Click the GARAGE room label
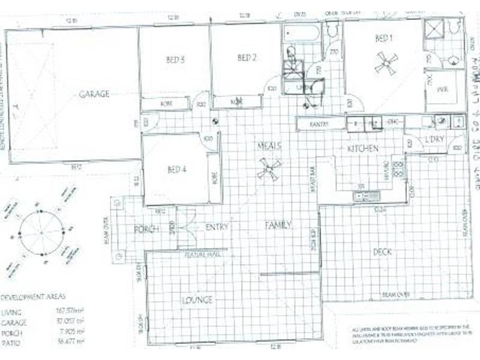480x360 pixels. pos(94,94)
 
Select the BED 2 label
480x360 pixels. pos(247,58)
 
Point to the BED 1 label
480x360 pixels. pos(384,38)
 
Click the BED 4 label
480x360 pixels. pos(177,169)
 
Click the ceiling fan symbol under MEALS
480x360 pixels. pos(268,169)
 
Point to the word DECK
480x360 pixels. pos(382,252)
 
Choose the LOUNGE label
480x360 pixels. pos(199,299)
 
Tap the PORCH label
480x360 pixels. pos(146,229)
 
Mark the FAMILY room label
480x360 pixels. pos(278,226)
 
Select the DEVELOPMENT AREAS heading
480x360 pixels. pos(34,297)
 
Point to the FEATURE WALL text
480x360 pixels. pos(203,256)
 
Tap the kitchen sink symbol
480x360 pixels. pos(367,196)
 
